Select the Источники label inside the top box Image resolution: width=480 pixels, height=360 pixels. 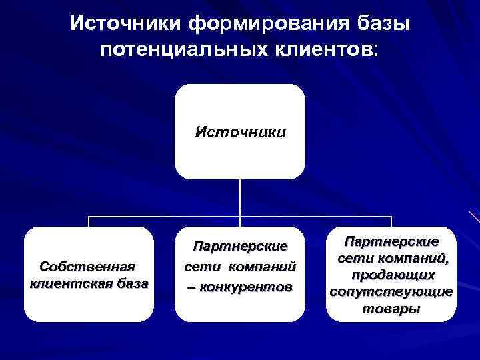(x=240, y=131)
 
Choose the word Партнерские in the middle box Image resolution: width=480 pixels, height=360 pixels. (x=240, y=247)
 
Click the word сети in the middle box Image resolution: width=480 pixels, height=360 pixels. (x=198, y=267)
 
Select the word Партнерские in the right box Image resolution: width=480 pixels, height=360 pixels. (x=391, y=241)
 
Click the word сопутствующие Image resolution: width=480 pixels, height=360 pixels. (x=391, y=292)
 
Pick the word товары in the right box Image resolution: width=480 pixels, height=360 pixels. (x=391, y=309)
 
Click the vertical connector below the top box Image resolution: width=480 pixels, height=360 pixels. (x=240, y=197)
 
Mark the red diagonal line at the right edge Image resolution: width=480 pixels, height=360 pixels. (x=474, y=217)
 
